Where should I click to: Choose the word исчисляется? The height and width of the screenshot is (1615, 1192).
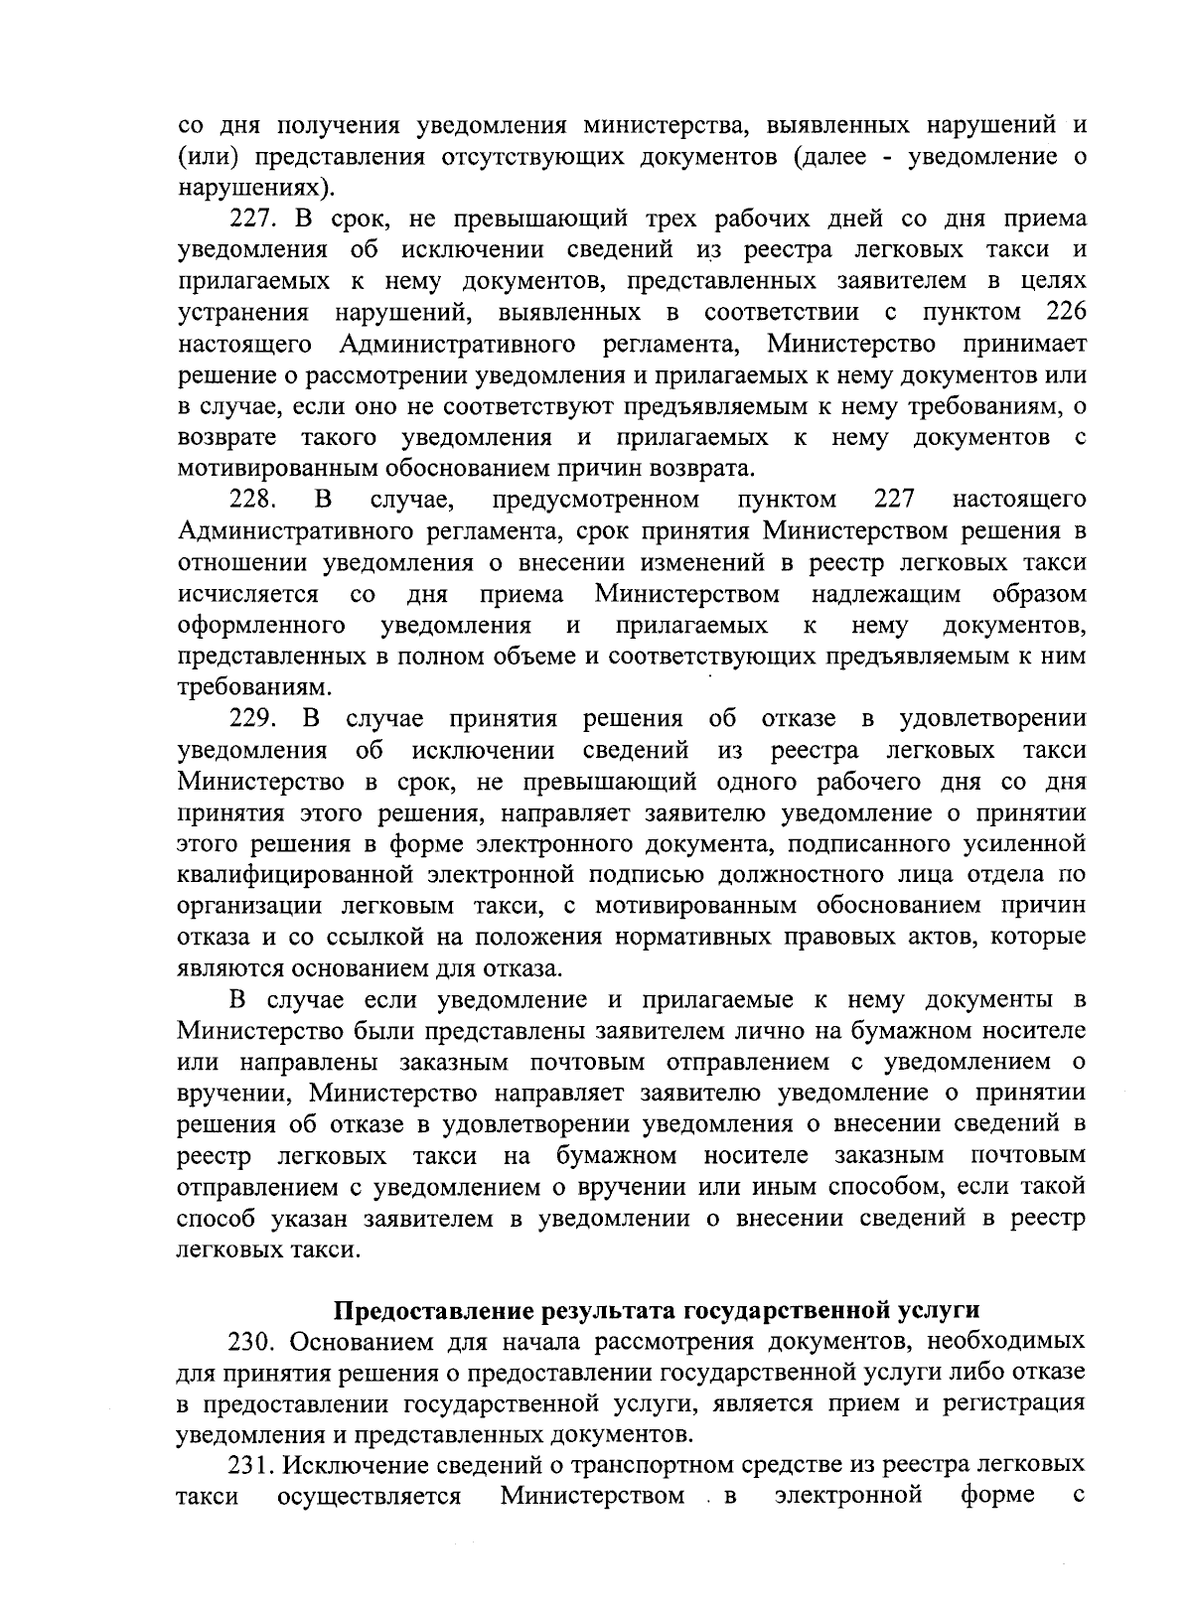[x=248, y=595]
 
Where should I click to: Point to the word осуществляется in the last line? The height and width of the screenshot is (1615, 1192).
[x=370, y=1496]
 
